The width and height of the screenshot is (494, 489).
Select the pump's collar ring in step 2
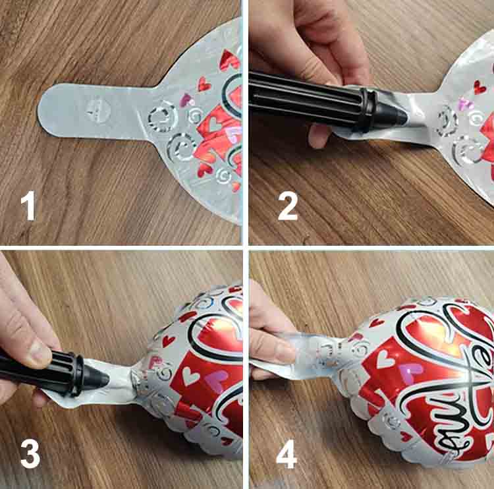coord(366,109)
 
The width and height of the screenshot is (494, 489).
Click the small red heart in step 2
coord(480,87)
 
